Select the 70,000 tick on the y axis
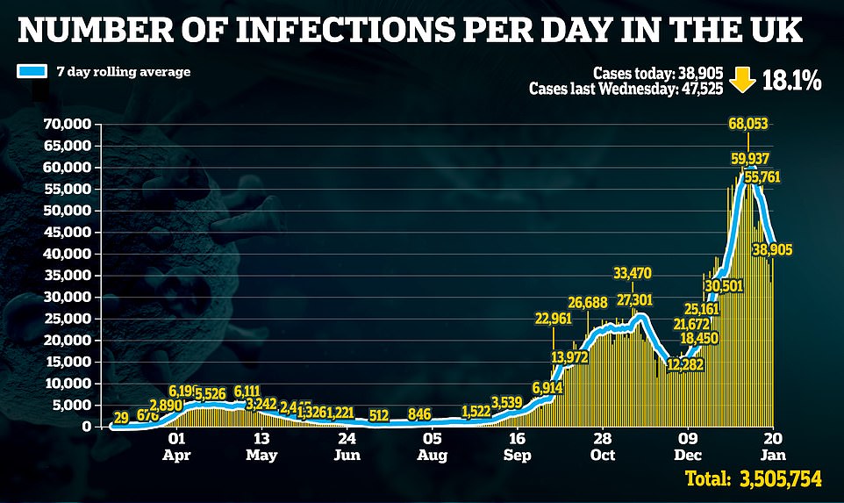[x=67, y=125]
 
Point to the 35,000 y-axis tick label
[x=67, y=275]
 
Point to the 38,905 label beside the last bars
[x=772, y=250]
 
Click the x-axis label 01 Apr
[x=176, y=446]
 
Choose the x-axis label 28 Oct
[x=602, y=446]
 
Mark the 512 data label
[x=379, y=414]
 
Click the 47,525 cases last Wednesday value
[x=703, y=89]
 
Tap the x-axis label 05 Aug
[x=432, y=446]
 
